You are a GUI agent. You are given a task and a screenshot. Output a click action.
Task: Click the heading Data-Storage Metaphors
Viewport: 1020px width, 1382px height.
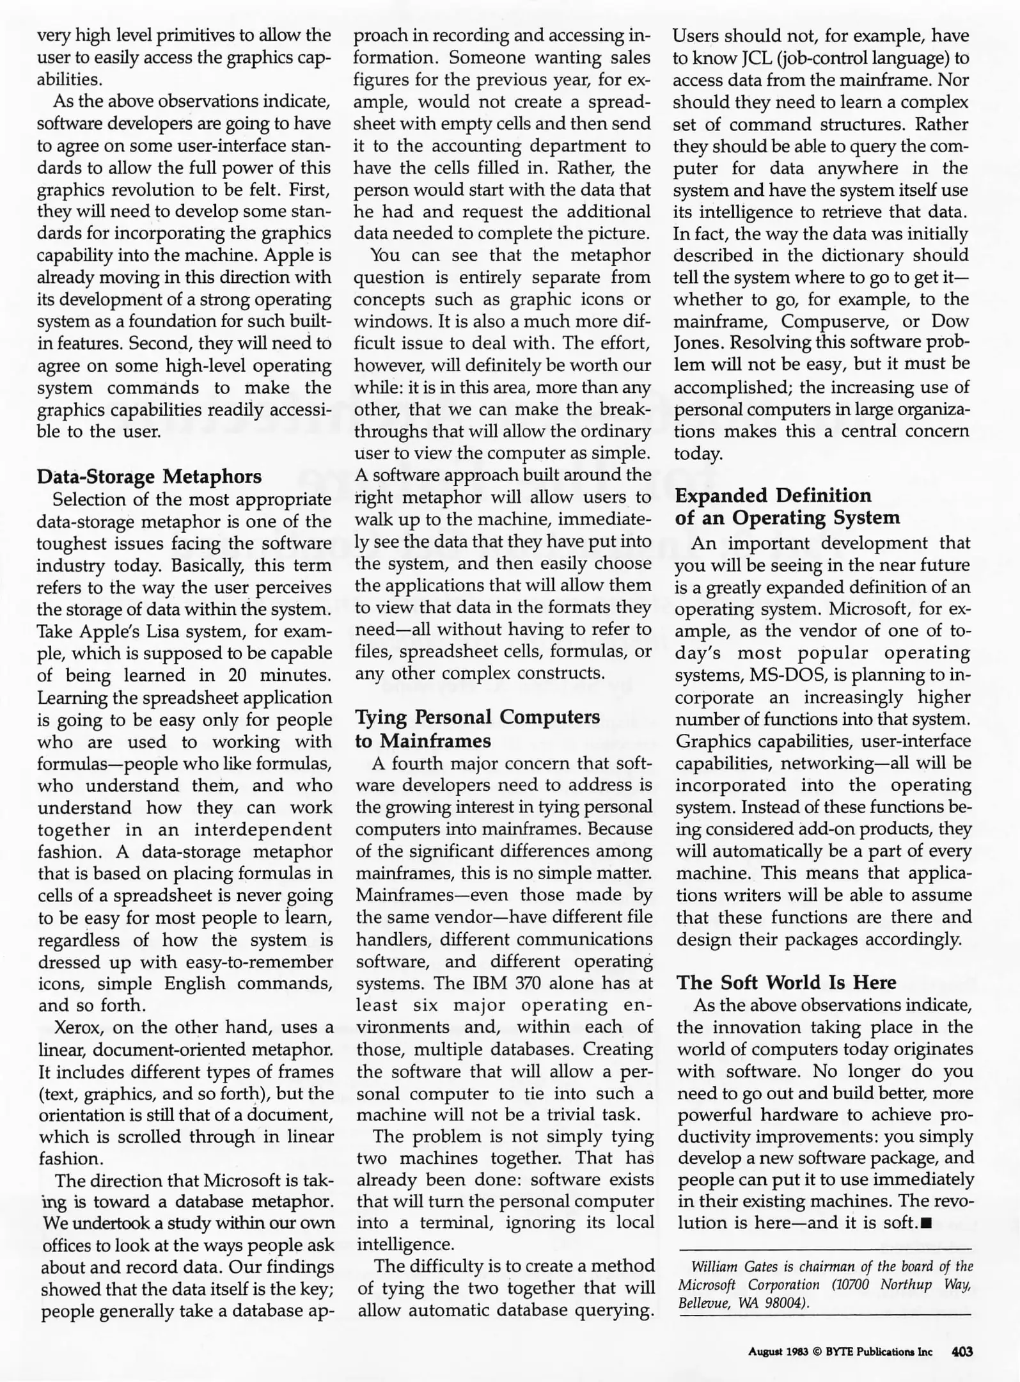pos(149,477)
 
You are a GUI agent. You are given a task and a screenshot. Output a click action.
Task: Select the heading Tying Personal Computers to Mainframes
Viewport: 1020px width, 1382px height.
pos(477,729)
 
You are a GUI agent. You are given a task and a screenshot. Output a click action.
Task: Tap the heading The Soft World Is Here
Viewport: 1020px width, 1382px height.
pos(787,982)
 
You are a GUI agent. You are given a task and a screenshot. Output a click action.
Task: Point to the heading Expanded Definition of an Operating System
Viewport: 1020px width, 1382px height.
pos(787,506)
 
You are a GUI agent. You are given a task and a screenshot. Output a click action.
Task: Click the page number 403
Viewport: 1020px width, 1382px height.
pos(962,1352)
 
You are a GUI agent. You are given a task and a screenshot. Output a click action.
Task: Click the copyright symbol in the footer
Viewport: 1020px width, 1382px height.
pos(816,1353)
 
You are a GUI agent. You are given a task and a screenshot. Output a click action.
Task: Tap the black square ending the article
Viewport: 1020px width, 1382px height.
pos(927,1223)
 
